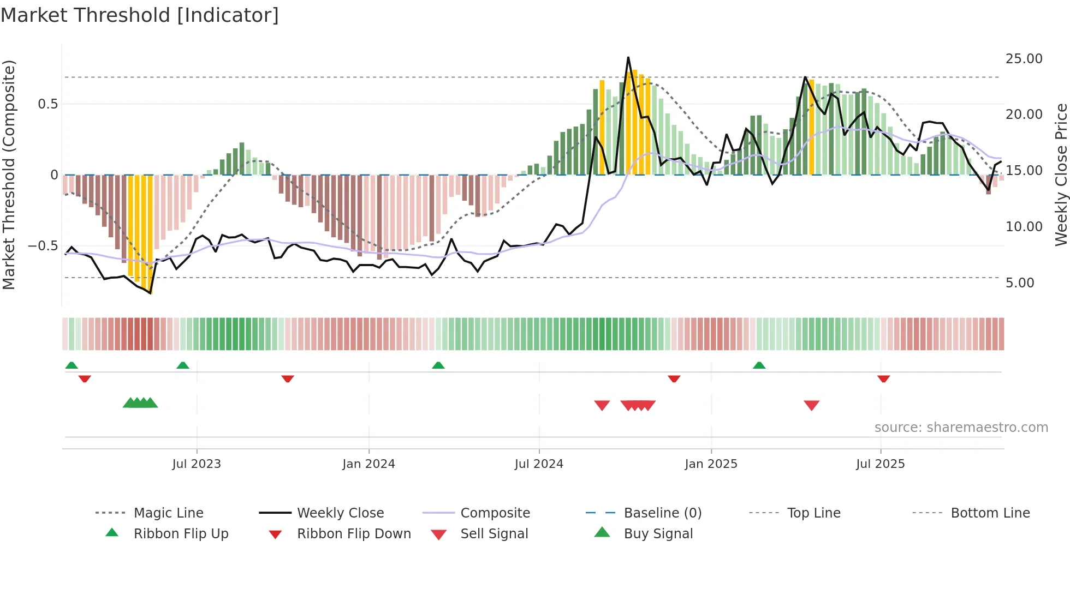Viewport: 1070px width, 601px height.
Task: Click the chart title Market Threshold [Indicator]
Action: [x=140, y=15]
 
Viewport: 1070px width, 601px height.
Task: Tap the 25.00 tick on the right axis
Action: [x=1024, y=59]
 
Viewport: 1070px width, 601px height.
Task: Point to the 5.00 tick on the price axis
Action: [x=1019, y=283]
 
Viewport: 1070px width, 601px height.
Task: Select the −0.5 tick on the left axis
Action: [x=43, y=246]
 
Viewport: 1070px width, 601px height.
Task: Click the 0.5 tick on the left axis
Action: [x=47, y=104]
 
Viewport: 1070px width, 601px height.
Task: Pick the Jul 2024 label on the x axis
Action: [x=538, y=464]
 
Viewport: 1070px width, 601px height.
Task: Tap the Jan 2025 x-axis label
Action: [x=710, y=464]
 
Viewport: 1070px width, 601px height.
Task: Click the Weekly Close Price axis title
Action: [x=1061, y=175]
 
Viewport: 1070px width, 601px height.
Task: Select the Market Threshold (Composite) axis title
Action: [x=9, y=175]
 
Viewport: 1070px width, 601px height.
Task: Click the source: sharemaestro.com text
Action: [x=961, y=428]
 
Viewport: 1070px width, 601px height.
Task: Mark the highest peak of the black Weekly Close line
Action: [x=628, y=57]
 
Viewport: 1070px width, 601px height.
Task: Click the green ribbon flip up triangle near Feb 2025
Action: [x=759, y=365]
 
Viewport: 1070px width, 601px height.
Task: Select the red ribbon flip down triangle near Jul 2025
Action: [x=883, y=378]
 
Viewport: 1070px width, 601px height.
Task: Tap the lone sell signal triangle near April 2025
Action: [x=811, y=405]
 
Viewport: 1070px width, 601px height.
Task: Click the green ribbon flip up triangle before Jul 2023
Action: [x=183, y=365]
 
